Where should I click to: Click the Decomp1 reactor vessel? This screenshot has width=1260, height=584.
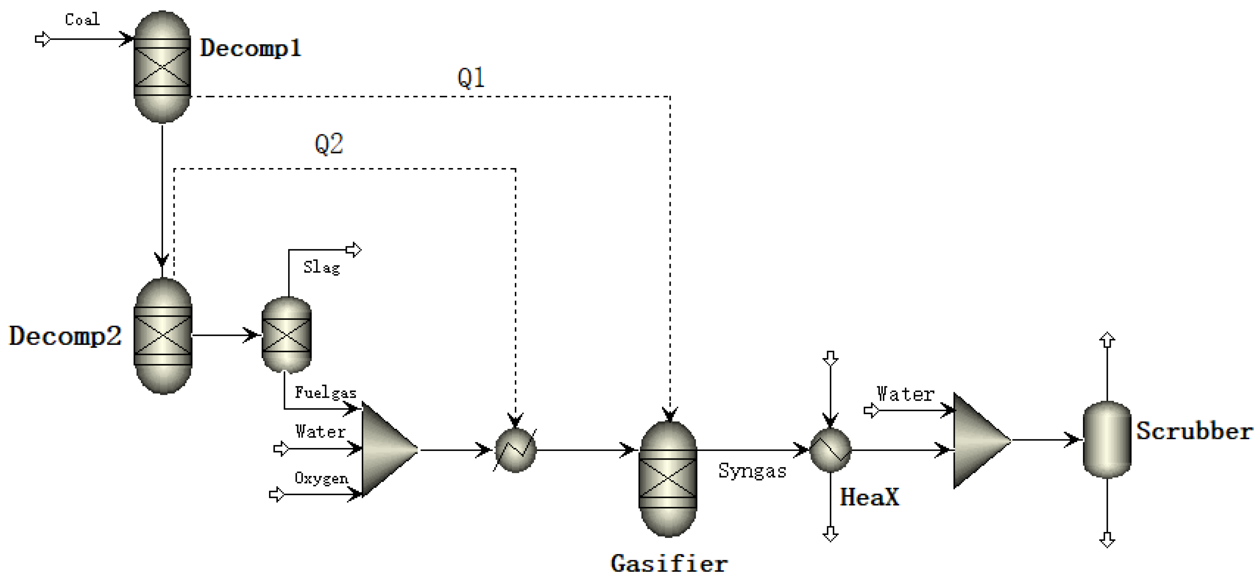tap(162, 67)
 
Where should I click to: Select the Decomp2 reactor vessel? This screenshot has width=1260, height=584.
tap(163, 336)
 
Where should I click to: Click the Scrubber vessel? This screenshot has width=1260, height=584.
tap(1107, 439)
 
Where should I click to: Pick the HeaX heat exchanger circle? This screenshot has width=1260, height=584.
tap(830, 450)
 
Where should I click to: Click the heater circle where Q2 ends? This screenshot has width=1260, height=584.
tap(516, 450)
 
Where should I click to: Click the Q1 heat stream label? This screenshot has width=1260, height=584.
tap(471, 78)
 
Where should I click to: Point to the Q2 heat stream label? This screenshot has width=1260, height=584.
tap(329, 144)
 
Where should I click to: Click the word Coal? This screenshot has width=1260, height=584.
tap(82, 20)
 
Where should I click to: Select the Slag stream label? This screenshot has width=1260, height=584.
tap(321, 267)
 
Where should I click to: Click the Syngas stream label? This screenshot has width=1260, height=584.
tap(752, 471)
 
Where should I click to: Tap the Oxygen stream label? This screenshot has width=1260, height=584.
tap(321, 478)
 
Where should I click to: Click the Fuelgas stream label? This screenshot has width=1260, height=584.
tap(325, 393)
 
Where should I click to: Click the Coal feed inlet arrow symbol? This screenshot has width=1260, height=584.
tap(42, 39)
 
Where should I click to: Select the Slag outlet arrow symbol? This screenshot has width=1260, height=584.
tap(353, 250)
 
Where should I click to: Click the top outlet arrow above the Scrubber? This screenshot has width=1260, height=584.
tap(1107, 340)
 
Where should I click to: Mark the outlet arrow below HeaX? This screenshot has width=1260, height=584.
tap(830, 534)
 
